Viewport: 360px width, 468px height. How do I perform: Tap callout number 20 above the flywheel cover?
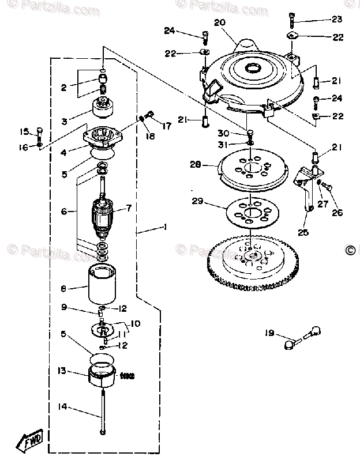[x=219, y=23]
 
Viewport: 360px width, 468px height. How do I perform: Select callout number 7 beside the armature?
[x=129, y=207]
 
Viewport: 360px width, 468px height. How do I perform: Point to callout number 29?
[x=198, y=201]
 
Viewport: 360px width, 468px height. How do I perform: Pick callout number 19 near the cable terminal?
[x=269, y=333]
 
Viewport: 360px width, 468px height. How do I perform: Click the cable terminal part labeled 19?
[x=299, y=338]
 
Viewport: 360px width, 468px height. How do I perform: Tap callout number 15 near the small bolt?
[x=24, y=130]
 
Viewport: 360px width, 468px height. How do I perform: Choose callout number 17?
[x=166, y=125]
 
